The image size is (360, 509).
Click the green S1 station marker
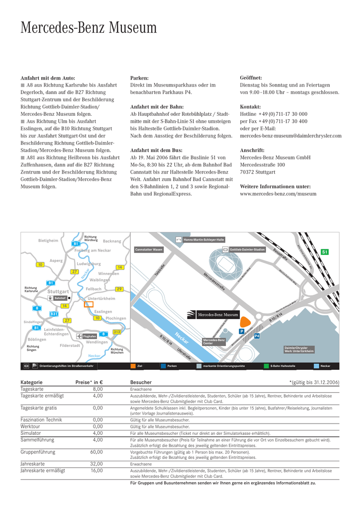click(x=325, y=252)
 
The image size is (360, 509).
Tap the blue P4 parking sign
click(x=257, y=336)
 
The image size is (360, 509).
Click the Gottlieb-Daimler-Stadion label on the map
click(x=247, y=249)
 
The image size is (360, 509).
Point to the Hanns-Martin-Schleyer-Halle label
click(x=204, y=240)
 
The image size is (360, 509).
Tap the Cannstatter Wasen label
click(x=149, y=249)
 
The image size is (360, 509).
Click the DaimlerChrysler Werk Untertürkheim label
click(x=299, y=349)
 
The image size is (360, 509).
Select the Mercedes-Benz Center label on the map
click(x=214, y=341)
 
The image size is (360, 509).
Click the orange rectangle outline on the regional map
click(x=89, y=304)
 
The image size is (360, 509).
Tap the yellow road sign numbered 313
click(x=117, y=332)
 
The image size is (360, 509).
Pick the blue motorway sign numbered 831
click(x=54, y=314)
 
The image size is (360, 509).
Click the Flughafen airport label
click(x=90, y=337)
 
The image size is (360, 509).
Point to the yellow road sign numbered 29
click(x=119, y=289)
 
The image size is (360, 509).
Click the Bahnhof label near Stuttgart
click(x=60, y=298)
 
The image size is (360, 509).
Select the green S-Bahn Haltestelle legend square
click(x=267, y=366)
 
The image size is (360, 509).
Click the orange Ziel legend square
click(x=133, y=366)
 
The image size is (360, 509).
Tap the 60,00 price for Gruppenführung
click(x=96, y=452)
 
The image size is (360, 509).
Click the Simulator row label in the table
click(x=31, y=433)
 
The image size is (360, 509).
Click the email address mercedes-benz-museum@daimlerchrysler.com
click(x=290, y=136)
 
